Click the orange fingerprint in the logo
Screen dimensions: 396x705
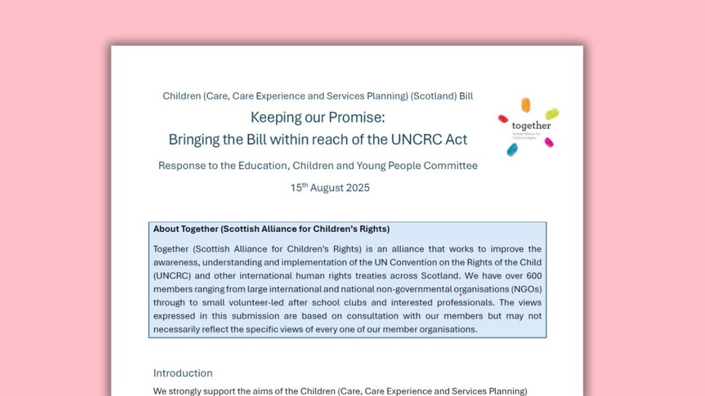point(526,105)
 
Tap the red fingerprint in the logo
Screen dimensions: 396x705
point(503,119)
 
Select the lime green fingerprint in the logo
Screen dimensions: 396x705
point(552,113)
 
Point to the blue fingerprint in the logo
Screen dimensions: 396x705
point(512,149)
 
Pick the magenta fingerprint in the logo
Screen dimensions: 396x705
point(549,142)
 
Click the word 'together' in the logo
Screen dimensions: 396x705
point(532,126)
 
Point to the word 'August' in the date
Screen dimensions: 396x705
point(326,188)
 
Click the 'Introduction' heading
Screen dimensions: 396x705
point(182,373)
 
